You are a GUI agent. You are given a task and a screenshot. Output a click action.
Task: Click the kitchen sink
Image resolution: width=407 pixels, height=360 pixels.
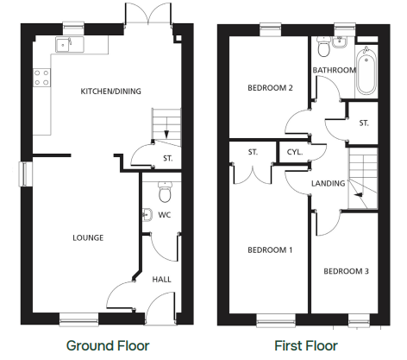70,44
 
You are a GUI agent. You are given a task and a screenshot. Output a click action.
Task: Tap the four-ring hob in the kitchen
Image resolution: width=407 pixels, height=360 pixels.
41,78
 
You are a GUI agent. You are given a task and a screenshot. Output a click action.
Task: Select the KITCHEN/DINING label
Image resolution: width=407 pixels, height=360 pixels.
111,92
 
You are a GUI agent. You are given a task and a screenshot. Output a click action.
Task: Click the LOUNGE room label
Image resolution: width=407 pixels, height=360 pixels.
88,237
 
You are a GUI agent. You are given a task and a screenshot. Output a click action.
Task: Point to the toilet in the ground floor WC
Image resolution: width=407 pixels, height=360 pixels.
165,192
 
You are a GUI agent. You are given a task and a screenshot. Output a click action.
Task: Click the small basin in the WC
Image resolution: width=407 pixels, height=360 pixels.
147,214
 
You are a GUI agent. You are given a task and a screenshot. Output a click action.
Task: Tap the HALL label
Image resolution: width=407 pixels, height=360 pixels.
161,279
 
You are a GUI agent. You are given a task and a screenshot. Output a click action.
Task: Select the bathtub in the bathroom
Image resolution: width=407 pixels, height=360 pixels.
366,71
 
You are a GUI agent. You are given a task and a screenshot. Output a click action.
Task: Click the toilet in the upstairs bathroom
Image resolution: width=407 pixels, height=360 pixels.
324,47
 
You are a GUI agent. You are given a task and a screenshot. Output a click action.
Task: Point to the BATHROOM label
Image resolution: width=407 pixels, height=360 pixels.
335,70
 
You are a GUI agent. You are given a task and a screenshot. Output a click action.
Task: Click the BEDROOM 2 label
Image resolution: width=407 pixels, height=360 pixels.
270,87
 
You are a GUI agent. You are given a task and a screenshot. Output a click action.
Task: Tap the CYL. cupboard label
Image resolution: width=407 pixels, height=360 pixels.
295,152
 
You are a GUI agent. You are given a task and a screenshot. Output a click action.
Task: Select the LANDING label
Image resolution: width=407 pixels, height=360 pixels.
329,183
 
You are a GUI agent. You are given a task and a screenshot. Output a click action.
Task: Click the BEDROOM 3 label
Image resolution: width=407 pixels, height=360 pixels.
346,271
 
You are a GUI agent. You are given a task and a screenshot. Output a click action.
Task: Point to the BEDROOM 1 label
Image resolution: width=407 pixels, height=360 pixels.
270,249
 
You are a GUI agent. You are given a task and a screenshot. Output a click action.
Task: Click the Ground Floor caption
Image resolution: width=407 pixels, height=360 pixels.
108,345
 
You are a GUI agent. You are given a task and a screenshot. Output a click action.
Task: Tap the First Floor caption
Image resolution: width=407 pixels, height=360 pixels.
306,345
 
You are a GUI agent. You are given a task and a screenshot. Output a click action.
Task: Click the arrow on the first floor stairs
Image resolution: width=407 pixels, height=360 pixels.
359,195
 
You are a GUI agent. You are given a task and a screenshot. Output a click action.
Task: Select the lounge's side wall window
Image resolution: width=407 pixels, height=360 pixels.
26,174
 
